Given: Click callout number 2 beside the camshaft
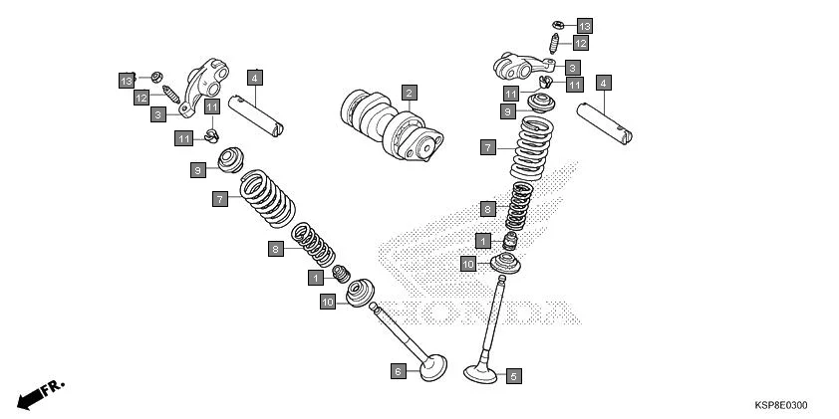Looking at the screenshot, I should [x=409, y=93].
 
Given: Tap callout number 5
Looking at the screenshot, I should [x=513, y=376].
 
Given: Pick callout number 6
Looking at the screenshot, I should [x=398, y=370].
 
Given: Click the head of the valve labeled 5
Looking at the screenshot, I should [x=482, y=374].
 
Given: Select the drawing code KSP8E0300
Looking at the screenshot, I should [x=780, y=405].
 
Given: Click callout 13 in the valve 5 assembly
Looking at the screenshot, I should [x=584, y=24].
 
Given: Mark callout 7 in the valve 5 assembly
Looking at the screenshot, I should [x=487, y=147].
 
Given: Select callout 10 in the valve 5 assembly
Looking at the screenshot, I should [x=467, y=264].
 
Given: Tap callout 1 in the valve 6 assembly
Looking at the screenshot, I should [x=315, y=277].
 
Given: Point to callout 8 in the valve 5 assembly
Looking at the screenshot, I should [x=487, y=209].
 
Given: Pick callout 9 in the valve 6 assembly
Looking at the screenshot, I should [x=198, y=170].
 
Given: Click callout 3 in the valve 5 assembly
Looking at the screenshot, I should [x=572, y=67].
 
